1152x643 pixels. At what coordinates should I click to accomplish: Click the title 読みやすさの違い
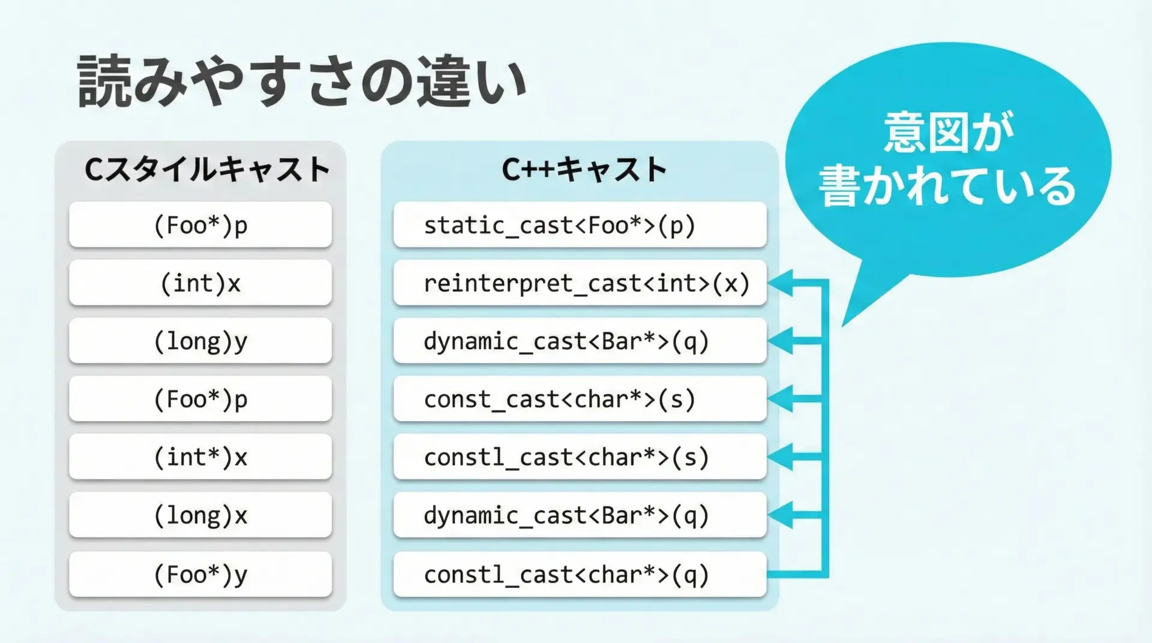pos(302,82)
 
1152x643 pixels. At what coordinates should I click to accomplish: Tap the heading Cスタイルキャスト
pos(207,169)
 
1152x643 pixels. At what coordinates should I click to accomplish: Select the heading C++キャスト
pos(584,169)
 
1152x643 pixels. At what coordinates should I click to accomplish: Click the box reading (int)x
pos(200,283)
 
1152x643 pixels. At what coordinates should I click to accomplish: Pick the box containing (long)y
pos(200,341)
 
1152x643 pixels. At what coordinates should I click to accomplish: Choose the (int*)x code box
pos(200,457)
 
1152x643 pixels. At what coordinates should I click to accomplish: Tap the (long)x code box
pos(200,515)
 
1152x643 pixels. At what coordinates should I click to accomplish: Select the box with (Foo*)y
pos(200,574)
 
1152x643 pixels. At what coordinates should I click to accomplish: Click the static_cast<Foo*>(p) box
pos(580,226)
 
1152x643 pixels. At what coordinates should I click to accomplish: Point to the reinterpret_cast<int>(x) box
pos(580,283)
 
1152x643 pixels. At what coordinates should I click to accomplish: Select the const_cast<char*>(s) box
pos(580,399)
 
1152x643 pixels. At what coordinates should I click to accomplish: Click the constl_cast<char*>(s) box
pos(580,457)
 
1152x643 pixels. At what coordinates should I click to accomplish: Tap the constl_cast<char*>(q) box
pos(580,574)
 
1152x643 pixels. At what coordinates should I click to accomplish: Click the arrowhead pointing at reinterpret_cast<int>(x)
pos(781,283)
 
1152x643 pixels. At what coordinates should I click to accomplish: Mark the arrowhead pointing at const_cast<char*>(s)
pos(781,398)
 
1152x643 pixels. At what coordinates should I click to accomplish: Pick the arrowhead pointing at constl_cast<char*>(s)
pos(781,456)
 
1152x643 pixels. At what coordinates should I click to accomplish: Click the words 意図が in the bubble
pos(948,132)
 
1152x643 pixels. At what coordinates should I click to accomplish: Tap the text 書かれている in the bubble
pos(947,186)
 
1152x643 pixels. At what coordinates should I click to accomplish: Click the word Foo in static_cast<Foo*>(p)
pos(608,226)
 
